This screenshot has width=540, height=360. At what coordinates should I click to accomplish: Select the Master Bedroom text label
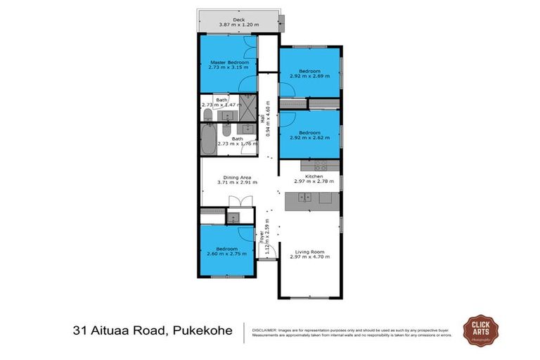click(x=229, y=63)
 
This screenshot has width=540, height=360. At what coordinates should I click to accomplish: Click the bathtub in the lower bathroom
click(x=209, y=141)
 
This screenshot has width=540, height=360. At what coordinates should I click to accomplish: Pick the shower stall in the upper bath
click(x=247, y=108)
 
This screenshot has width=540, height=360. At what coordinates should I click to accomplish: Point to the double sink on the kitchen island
click(x=300, y=199)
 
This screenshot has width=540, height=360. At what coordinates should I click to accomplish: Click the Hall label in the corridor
click(x=263, y=120)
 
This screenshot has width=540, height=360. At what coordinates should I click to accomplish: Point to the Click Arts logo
click(x=480, y=330)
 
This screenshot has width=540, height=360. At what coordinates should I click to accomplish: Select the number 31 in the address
click(x=81, y=330)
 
